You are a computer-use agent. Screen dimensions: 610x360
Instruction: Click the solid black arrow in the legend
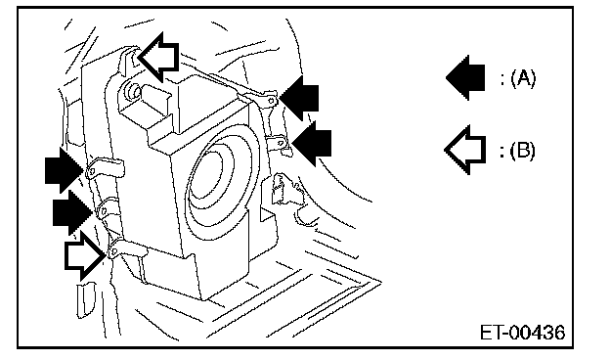[x=465, y=77]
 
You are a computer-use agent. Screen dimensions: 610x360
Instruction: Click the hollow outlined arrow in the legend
[x=465, y=150]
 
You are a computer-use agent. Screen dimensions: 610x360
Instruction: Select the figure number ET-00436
[x=522, y=333]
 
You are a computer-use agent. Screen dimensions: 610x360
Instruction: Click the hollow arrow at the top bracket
[x=158, y=57]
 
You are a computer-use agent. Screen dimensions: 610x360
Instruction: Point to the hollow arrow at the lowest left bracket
[x=85, y=255]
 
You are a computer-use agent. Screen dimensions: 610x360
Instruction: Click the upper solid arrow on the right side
[x=299, y=98]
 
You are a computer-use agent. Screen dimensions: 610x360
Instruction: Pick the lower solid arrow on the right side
[x=312, y=143]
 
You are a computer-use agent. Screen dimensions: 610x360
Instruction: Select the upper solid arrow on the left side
[x=65, y=170]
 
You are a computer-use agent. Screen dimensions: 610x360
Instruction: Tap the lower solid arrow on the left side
[x=72, y=212]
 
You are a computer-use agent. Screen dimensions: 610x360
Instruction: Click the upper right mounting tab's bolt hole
[x=271, y=101]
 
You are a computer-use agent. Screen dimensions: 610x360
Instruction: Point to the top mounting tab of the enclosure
[x=129, y=61]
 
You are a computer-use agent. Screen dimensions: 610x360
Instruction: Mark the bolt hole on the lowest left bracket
[x=113, y=251]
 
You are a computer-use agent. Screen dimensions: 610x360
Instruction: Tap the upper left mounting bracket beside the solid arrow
[x=105, y=167]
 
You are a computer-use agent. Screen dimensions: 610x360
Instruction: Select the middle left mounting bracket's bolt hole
[x=104, y=211]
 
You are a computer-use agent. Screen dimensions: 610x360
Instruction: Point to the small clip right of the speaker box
[x=283, y=189]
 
